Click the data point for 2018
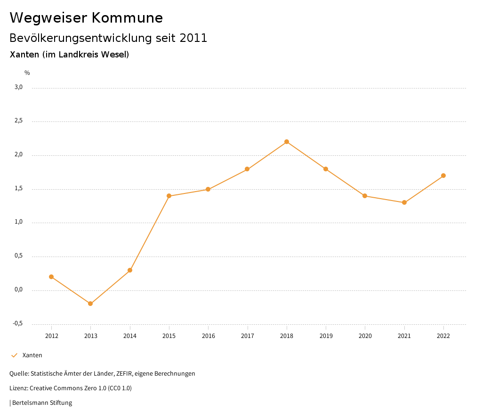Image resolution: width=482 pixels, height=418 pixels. [287, 142]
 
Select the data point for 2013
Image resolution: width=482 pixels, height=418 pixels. [90, 304]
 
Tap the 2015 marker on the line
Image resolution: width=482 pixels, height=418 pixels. [169, 196]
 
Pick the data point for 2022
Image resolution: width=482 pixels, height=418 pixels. [443, 176]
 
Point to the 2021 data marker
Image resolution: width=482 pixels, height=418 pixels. [404, 202]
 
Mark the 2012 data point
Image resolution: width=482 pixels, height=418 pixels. [51, 277]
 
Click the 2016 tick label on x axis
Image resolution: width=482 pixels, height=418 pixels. [208, 336]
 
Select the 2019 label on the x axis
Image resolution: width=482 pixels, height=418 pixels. [326, 336]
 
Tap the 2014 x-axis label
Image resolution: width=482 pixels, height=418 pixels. [130, 336]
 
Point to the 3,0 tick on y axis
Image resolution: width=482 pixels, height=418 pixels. [18, 87]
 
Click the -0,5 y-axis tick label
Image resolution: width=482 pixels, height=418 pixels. [18, 323]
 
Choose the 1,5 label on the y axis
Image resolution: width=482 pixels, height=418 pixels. [18, 188]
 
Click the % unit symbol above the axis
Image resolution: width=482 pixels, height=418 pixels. [27, 72]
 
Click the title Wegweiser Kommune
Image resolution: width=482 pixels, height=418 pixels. [86, 18]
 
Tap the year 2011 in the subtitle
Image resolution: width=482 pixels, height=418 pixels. [193, 38]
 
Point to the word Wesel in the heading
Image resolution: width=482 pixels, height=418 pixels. [116, 55]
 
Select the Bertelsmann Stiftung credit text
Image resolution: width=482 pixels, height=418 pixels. [42, 403]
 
